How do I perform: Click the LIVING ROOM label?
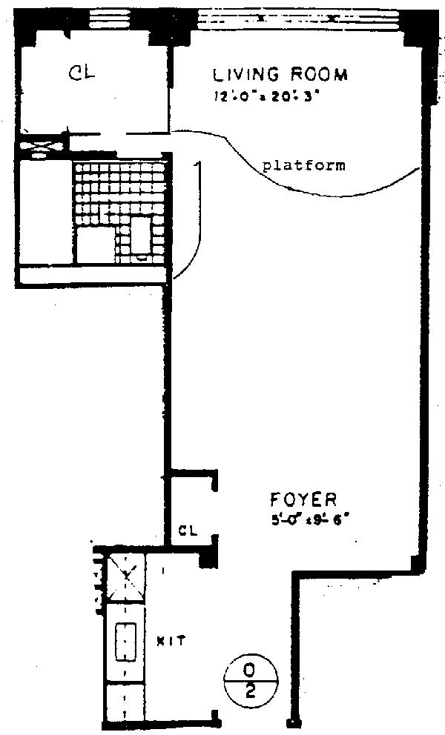(x=280, y=75)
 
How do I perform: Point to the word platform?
(x=304, y=165)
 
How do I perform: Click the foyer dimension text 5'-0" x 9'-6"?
(x=309, y=519)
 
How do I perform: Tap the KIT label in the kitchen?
(x=171, y=639)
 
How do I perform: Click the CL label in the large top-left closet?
(x=84, y=72)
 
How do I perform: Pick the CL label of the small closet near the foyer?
(x=188, y=530)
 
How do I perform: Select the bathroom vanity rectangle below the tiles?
(x=95, y=245)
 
